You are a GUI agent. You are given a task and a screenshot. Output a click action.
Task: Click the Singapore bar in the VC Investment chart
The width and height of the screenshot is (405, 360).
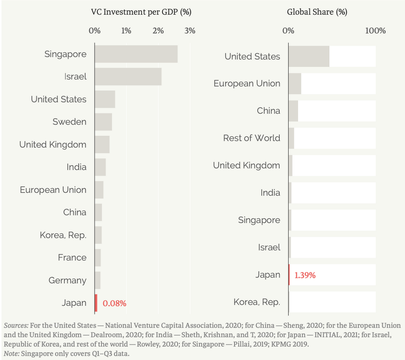(x=136, y=54)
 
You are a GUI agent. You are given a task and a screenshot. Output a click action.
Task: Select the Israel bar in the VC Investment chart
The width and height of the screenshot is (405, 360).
(x=128, y=76)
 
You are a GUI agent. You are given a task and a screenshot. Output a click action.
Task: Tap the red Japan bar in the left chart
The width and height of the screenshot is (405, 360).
(x=95, y=303)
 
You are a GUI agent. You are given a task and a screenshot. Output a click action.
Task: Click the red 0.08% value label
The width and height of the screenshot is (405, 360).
(x=115, y=304)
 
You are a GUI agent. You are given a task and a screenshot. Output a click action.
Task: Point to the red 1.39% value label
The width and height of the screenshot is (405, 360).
(x=305, y=275)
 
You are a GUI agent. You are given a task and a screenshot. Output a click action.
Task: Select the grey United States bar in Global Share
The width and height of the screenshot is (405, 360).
(x=309, y=56)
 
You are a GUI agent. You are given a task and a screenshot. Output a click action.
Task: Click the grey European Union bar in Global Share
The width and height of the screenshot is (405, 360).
(x=295, y=84)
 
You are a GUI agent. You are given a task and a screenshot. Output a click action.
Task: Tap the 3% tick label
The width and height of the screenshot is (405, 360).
(x=190, y=31)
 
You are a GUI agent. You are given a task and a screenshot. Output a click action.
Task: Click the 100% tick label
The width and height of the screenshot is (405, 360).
(x=376, y=31)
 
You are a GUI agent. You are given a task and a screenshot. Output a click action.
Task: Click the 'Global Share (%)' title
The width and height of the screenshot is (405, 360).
(x=317, y=11)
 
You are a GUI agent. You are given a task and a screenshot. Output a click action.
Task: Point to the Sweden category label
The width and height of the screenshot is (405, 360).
(x=69, y=122)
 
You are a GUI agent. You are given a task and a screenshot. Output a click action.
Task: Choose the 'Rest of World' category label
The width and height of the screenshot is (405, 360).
(x=252, y=138)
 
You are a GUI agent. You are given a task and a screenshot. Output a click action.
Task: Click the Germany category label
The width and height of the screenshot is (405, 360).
(x=67, y=280)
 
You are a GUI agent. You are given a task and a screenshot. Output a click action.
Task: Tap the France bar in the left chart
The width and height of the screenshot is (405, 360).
(x=98, y=258)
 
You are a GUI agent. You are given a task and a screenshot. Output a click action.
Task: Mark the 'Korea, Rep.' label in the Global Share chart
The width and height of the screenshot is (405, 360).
(x=257, y=302)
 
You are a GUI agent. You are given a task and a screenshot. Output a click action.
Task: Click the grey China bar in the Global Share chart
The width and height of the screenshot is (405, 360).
(x=293, y=111)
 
